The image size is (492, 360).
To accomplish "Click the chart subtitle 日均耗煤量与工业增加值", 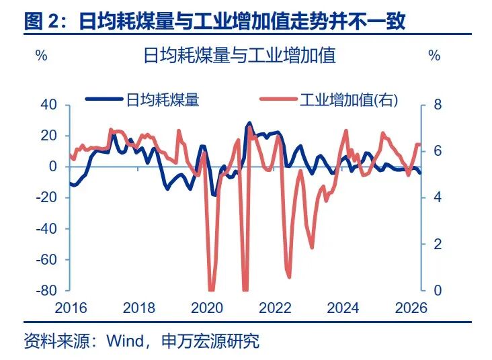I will pyautogui.click(x=240, y=55).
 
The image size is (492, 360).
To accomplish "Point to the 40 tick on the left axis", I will pyautogui.click(x=49, y=105).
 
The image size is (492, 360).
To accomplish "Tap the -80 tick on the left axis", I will pyautogui.click(x=47, y=291).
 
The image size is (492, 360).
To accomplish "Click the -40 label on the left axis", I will pyautogui.click(x=47, y=229).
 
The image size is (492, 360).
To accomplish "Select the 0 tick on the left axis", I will pyautogui.click(x=54, y=167).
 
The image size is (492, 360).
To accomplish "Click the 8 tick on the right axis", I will pyautogui.click(x=436, y=105).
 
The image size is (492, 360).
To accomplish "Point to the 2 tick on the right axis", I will pyautogui.click(x=436, y=244).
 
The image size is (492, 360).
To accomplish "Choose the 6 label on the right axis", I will pyautogui.click(x=436, y=151).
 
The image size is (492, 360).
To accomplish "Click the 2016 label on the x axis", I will pyautogui.click(x=71, y=308).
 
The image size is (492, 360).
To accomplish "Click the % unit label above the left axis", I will pyautogui.click(x=41, y=56).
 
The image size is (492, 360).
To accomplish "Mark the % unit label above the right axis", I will pyautogui.click(x=434, y=56).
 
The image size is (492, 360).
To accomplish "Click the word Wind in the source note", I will pyautogui.click(x=124, y=341).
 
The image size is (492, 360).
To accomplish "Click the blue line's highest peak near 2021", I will pyautogui.click(x=249, y=124).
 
